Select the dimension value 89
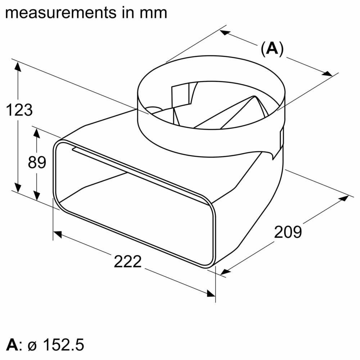[37, 163]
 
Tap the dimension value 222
[128, 261]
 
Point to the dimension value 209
[288, 232]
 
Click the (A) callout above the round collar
[272, 49]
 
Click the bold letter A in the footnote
[12, 345]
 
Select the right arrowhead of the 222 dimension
[211, 293]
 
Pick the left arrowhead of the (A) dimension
[225, 32]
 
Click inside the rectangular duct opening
[133, 205]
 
